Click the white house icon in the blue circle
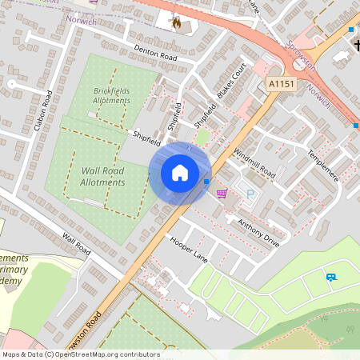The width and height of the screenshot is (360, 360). pos(179,172)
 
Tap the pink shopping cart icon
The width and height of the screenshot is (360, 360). pos(222,192)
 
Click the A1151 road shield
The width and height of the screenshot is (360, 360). pos(281,83)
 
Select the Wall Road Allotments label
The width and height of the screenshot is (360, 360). pos(103,176)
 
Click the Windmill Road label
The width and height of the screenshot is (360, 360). pos(254,162)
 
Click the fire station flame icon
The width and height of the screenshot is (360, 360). pos(176,23)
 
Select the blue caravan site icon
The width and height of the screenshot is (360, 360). pos(330,277)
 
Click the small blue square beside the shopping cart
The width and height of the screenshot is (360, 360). pos(206,182)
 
